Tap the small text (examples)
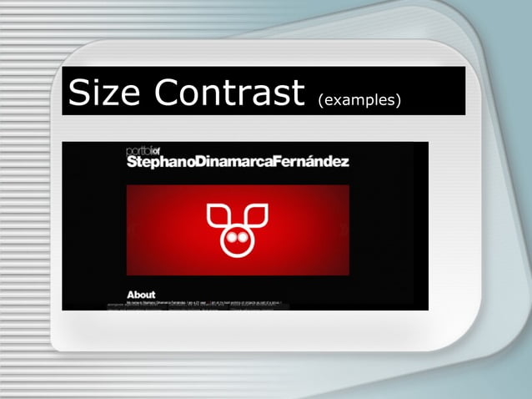click(x=359, y=101)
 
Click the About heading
click(x=141, y=295)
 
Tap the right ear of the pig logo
click(x=257, y=215)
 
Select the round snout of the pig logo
click(x=238, y=238)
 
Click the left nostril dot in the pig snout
click(x=233, y=238)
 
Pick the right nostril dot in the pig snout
click(x=243, y=238)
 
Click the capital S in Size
click(x=81, y=93)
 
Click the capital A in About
click(x=131, y=295)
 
